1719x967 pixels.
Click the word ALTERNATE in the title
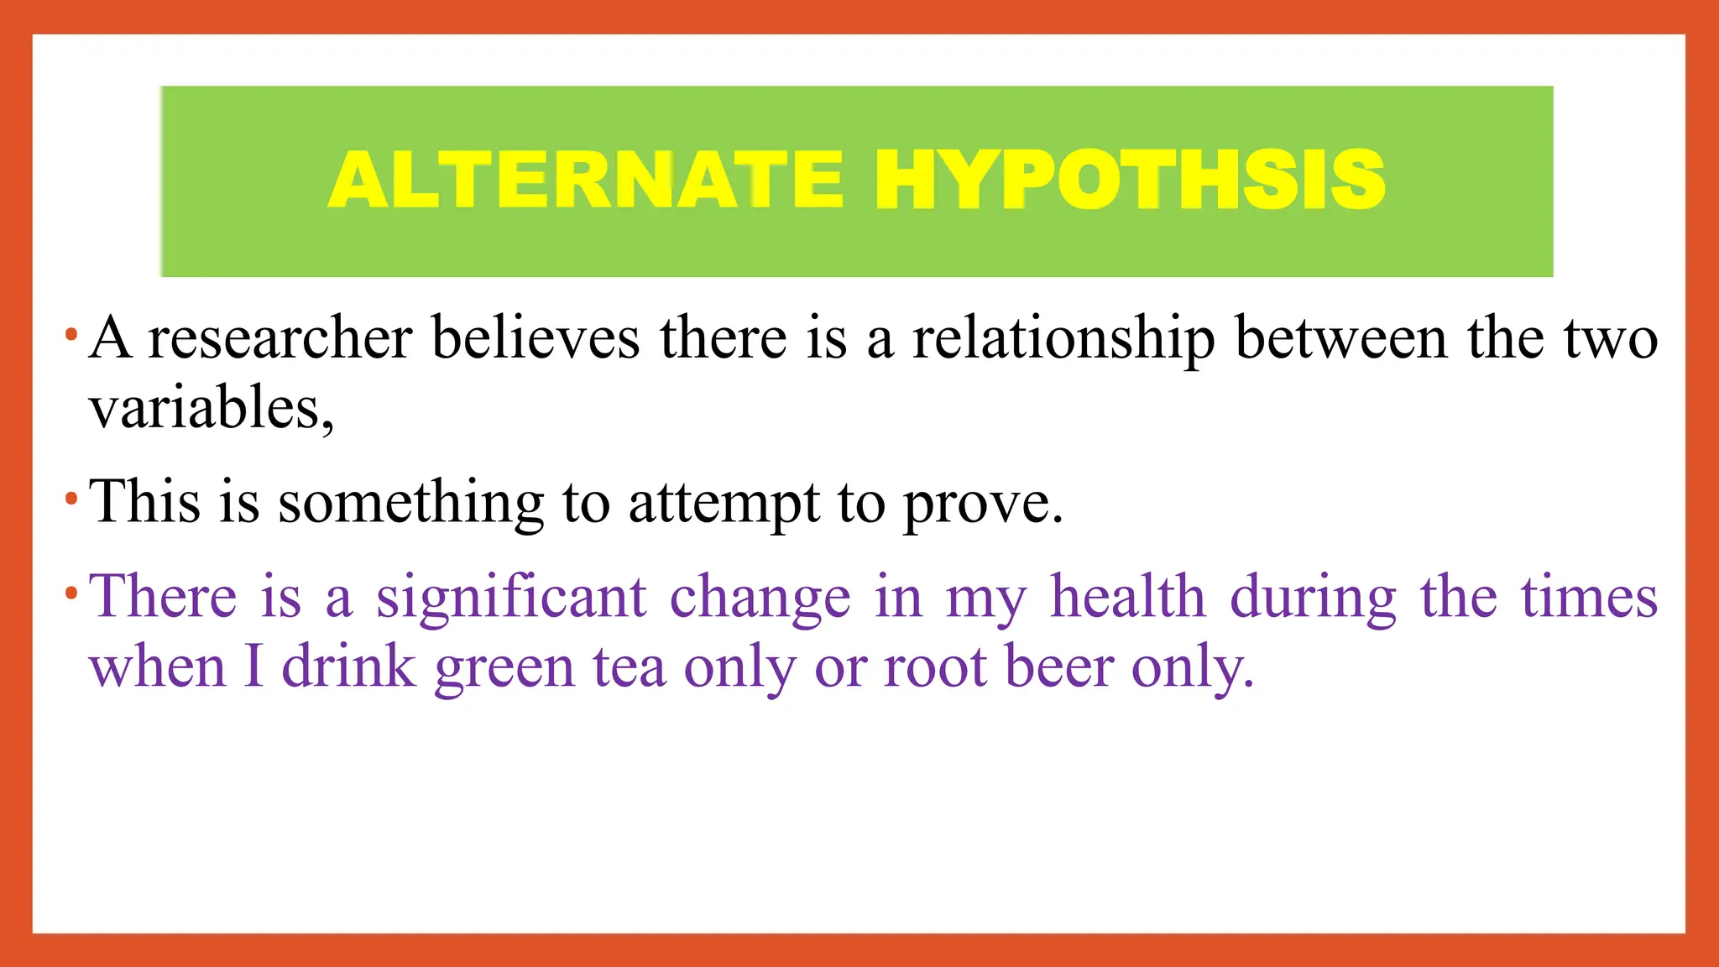tap(586, 180)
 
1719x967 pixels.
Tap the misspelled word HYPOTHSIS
tap(1129, 180)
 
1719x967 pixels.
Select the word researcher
tap(280, 339)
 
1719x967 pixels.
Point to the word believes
tap(536, 339)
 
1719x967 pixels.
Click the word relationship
tap(1063, 339)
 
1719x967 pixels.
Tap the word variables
tap(211, 409)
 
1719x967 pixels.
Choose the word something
tap(410, 503)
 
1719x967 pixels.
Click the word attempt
tap(724, 503)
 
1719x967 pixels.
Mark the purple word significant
tap(510, 598)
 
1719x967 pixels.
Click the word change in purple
tap(760, 598)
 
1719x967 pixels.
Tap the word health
tap(1129, 598)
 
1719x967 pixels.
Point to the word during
tap(1313, 598)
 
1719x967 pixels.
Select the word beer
tap(1058, 667)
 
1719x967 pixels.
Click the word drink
tap(348, 667)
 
